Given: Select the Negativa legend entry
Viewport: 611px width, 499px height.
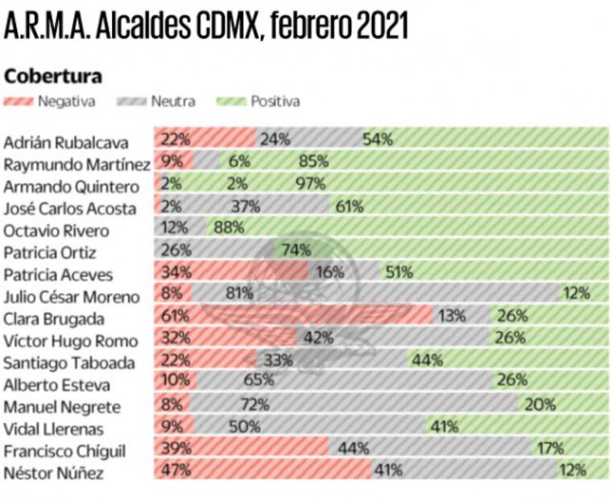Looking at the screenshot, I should [50, 101].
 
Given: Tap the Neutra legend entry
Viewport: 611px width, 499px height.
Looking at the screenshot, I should [156, 101].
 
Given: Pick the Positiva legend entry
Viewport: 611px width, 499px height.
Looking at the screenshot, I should [259, 101].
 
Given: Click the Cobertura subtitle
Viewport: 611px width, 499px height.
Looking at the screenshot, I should [53, 76].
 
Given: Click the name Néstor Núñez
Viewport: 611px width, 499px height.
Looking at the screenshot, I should [54, 473].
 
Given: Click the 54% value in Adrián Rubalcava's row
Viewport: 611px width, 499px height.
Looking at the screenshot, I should [378, 138].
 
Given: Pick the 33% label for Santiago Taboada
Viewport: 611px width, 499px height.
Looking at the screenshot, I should [277, 361].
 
